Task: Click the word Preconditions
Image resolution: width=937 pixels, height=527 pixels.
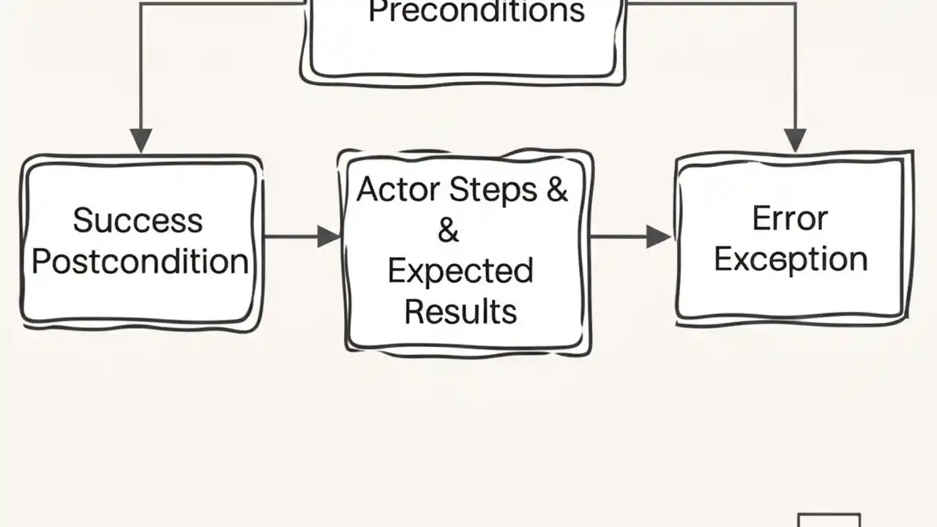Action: pos(476,12)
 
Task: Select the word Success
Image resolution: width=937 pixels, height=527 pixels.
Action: pos(138,220)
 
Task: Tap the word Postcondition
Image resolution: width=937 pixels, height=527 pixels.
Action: pos(140,261)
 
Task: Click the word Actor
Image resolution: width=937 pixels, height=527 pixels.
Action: pos(398,190)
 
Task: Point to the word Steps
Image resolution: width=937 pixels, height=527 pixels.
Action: pos(493,190)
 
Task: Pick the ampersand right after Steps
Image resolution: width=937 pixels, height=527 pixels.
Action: pos(556,190)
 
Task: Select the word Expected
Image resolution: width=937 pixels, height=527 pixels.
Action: pos(460,272)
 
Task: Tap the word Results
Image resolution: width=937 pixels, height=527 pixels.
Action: pos(460,312)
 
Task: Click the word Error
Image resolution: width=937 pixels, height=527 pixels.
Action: pos(790,219)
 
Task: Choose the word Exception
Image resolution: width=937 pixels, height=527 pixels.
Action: pos(791,259)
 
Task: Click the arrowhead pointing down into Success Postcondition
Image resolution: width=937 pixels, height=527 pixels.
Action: pos(141,140)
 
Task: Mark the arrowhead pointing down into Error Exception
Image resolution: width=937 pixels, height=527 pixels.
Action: pos(795,140)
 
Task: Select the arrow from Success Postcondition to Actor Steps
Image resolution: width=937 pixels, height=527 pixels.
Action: pos(300,236)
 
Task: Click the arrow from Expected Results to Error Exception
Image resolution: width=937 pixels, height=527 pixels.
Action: pos(630,236)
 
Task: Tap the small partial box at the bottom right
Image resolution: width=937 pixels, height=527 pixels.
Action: pos(829,520)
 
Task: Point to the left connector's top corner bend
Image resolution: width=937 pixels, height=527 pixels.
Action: pos(141,3)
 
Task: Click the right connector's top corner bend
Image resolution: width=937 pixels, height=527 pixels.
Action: pos(795,3)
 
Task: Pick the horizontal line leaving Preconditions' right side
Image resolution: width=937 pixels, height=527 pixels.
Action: pos(710,3)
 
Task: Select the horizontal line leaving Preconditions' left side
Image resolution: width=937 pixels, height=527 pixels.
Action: pos(220,3)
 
